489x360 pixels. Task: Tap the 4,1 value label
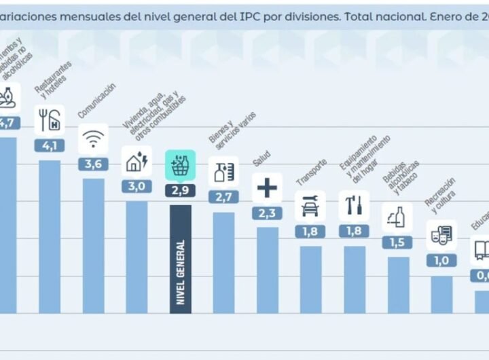(x=50, y=145)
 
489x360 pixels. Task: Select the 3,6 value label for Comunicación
(x=93, y=164)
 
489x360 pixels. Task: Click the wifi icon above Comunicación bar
(x=93, y=139)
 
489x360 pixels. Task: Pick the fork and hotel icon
(x=50, y=120)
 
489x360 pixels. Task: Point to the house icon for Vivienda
(x=137, y=161)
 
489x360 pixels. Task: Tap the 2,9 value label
(x=180, y=191)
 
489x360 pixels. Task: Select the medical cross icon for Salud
(x=267, y=187)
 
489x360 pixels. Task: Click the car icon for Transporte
(x=310, y=205)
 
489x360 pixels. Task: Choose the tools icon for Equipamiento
(x=354, y=205)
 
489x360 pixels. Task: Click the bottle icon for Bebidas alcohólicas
(x=397, y=217)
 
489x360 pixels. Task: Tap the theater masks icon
(x=441, y=235)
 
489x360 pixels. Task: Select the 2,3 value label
(x=267, y=213)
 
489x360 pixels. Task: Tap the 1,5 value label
(x=397, y=242)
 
